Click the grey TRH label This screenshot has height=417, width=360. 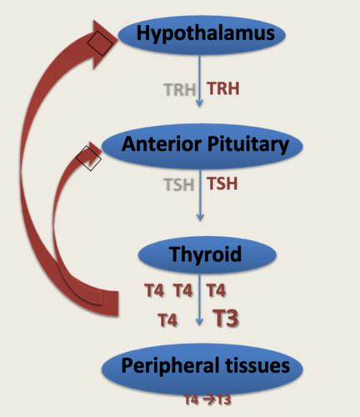(x=181, y=88)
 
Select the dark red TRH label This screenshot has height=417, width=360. (x=223, y=88)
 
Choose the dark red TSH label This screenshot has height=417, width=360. (x=222, y=183)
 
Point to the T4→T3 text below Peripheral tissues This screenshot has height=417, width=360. (x=207, y=400)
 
